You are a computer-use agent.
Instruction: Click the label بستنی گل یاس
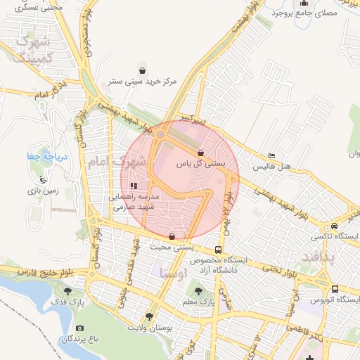pyautogui.click(x=200, y=163)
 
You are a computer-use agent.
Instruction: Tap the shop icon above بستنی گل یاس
pyautogui.click(x=201, y=153)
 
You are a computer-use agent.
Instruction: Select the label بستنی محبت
pyautogui.click(x=172, y=247)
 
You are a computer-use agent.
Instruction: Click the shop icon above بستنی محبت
pyautogui.click(x=173, y=236)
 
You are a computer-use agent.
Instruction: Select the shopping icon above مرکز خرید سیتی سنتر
pyautogui.click(x=143, y=70)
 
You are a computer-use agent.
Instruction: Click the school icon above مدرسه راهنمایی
pyautogui.click(x=134, y=186)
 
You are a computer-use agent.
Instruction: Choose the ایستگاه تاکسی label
pyautogui.click(x=335, y=237)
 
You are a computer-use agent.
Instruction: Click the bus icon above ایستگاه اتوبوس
pyautogui.click(x=335, y=289)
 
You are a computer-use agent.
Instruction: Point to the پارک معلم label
pyautogui.click(x=198, y=302)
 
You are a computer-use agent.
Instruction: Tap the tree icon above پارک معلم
pyautogui.click(x=198, y=291)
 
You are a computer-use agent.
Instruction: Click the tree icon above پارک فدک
pyautogui.click(x=68, y=290)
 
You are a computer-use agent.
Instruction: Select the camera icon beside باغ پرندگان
pyautogui.click(x=79, y=328)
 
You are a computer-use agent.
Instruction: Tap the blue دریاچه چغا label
pyautogui.click(x=45, y=156)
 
